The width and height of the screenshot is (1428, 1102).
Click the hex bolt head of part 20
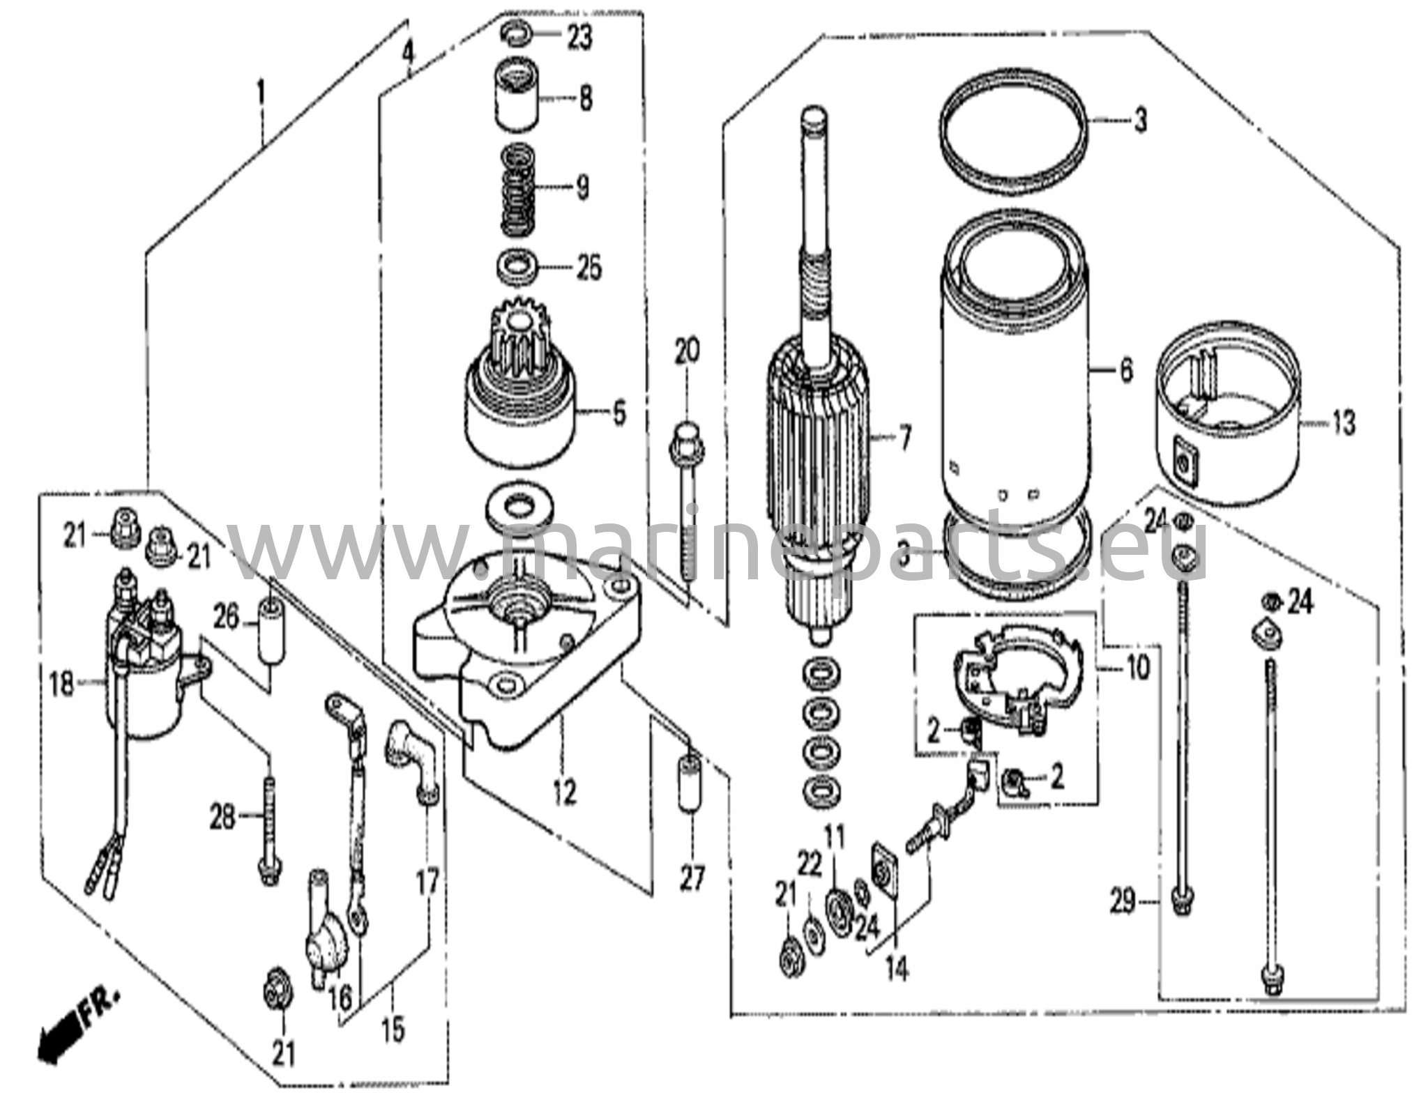[x=687, y=443]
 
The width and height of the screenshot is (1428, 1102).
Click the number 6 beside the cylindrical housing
[x=1126, y=371]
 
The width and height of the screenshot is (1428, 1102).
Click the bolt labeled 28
[x=268, y=829]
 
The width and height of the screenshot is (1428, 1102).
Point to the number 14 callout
[x=898, y=969]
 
